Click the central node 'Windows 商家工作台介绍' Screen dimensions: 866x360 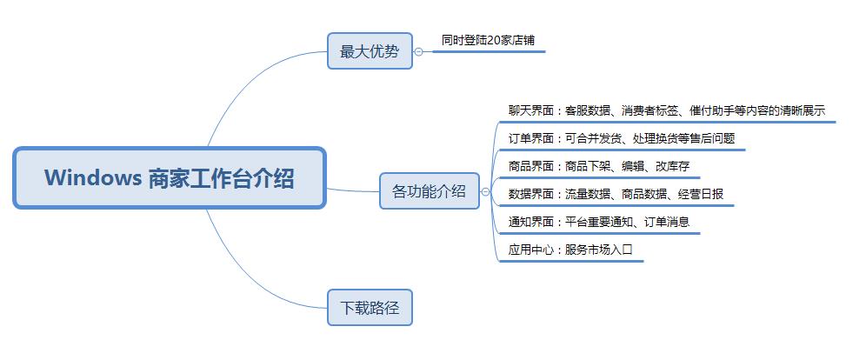[x=170, y=177]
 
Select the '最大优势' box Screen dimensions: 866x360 [x=370, y=50]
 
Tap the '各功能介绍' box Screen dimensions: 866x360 [x=430, y=191]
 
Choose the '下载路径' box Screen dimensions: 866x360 [x=370, y=308]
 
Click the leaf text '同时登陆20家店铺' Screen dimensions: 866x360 [x=489, y=40]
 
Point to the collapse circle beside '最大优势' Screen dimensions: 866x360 [x=418, y=51]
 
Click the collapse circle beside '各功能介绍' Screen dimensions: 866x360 [x=485, y=191]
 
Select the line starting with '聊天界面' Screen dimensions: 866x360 [x=667, y=110]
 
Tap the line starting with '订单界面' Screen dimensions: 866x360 [x=622, y=138]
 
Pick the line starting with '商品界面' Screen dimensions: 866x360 [x=599, y=166]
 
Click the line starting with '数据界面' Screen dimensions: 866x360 [x=616, y=195]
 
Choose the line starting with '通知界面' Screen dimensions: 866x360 [x=599, y=222]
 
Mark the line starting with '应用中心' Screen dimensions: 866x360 [x=570, y=250]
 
